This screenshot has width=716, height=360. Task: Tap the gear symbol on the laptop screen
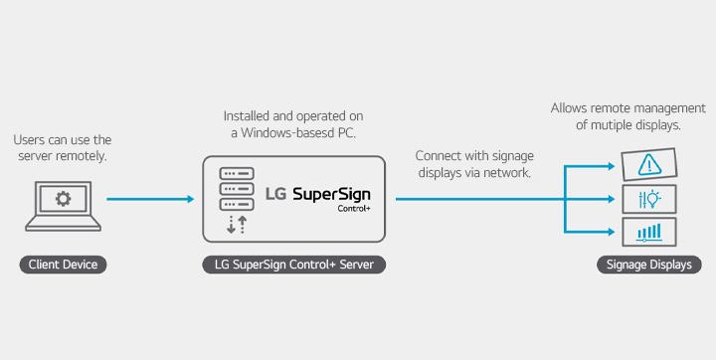[x=62, y=200]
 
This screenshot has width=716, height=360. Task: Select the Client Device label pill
[x=62, y=265]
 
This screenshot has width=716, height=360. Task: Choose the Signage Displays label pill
[x=649, y=265]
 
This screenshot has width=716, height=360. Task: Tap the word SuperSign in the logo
[x=331, y=193]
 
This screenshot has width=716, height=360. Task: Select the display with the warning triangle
[x=648, y=164]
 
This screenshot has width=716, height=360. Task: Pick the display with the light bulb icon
[x=648, y=198]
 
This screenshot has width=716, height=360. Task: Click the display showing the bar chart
[x=648, y=232]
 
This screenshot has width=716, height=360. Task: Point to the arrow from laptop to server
[x=149, y=199]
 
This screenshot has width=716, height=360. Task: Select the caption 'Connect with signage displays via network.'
[x=472, y=164]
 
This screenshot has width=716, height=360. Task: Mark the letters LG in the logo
[x=275, y=193]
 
